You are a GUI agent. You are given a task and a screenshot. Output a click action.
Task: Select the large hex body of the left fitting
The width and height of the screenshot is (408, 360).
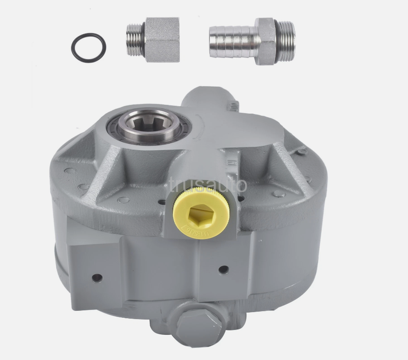pos(162,40)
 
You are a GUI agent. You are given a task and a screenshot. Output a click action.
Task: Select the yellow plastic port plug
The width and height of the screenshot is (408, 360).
pos(202,212)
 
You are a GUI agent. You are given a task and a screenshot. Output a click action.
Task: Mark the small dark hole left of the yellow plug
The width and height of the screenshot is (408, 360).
pos(162,202)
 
